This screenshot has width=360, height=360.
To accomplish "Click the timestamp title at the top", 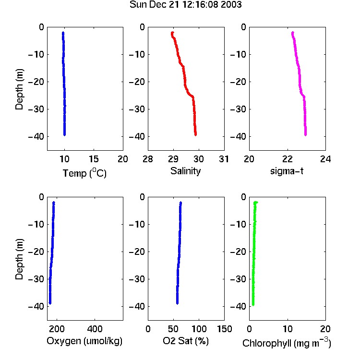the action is (x=185, y=5).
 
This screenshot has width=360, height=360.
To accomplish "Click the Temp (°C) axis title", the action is (x=84, y=173).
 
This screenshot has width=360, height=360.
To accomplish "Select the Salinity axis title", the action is (x=185, y=171).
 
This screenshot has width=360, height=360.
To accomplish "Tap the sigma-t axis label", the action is (x=287, y=171).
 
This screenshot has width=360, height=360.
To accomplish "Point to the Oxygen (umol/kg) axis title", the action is (x=84, y=341).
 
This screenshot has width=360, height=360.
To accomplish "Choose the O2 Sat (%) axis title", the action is (x=186, y=341).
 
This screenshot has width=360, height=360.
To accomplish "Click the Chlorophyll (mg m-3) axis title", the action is (x=287, y=343).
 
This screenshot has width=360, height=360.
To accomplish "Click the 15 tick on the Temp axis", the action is (x=94, y=159).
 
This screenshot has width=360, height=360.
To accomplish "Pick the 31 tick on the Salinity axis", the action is (x=224, y=159).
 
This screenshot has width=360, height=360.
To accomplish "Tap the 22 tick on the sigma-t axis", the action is (x=288, y=159).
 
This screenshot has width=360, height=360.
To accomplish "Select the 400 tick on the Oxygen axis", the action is (x=95, y=329).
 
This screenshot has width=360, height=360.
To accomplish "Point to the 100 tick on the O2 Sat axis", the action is (x=199, y=329).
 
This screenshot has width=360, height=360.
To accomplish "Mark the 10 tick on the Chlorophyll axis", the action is (x=288, y=329).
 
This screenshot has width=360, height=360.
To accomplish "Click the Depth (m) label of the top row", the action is (x=19, y=89).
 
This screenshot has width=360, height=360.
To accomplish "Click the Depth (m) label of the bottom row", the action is (x=19, y=259).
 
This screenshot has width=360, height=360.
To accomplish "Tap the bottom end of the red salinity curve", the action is (x=195, y=135).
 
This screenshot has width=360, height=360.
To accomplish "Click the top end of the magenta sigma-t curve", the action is (x=292, y=32).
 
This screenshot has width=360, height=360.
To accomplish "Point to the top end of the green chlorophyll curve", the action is (x=256, y=202).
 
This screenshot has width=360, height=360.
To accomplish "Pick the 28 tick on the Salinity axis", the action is (x=148, y=159).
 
